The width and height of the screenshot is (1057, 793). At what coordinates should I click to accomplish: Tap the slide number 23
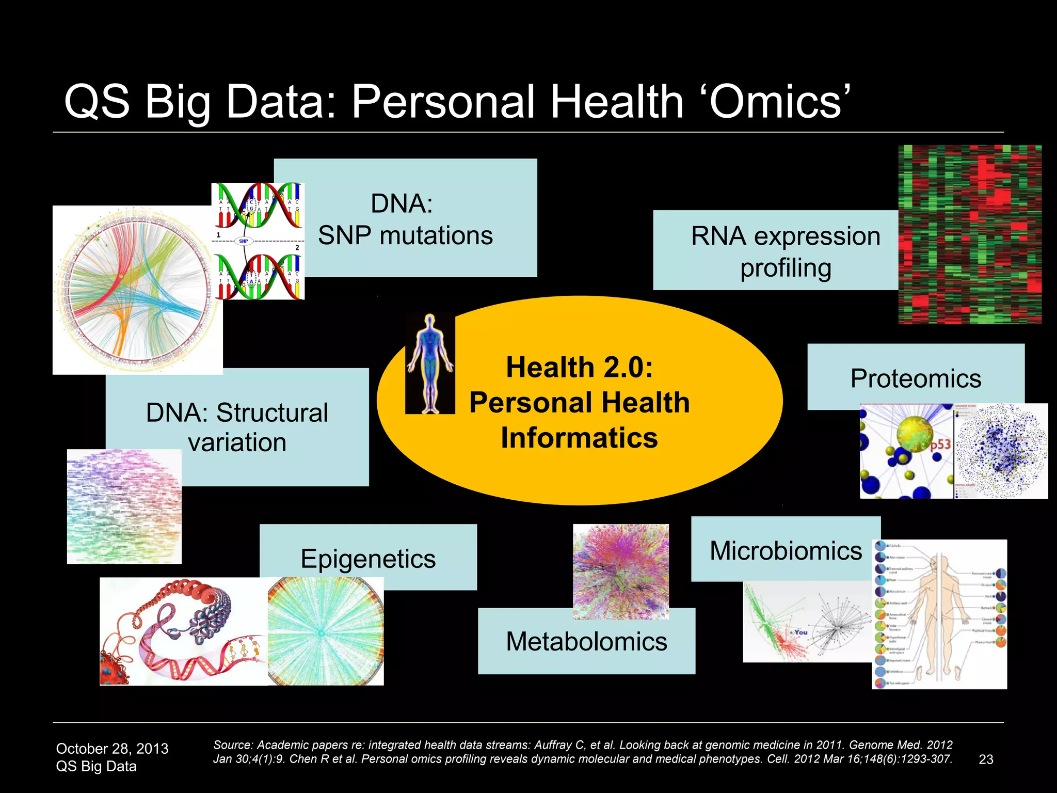pos(986,759)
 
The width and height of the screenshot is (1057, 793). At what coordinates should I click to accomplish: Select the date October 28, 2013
pos(112,749)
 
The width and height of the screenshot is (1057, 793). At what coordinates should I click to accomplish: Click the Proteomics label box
pos(916,378)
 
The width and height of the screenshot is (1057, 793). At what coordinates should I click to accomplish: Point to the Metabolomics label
pos(586,642)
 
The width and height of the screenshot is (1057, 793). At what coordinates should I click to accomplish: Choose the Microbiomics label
pos(786,551)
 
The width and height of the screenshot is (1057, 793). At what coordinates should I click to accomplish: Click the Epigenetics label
pos(368,559)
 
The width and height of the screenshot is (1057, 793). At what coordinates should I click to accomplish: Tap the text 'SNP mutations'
pos(405,236)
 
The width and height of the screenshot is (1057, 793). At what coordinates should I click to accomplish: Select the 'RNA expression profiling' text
pos(786,252)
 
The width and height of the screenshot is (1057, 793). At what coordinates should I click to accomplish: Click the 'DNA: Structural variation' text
pos(237,427)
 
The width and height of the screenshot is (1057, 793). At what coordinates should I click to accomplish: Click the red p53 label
pos(940,445)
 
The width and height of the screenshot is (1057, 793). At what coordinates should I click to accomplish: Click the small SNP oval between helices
pos(243,241)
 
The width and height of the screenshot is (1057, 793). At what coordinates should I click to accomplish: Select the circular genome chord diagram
pos(137,289)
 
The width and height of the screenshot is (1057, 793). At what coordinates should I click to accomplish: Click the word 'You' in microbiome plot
pos(800,632)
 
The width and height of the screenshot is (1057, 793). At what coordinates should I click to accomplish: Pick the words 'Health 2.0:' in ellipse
pos(579,368)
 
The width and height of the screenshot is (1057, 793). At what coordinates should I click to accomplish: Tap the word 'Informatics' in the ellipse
pos(579,438)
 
